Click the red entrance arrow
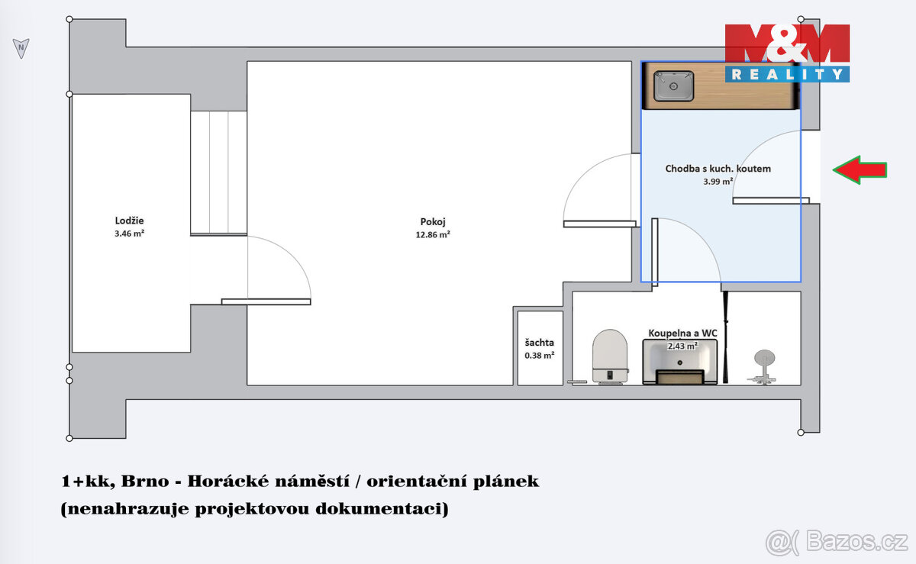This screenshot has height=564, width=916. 860,169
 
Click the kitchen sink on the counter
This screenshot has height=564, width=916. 673,86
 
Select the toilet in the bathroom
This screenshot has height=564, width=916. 610,356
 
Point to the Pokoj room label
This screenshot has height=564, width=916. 437,222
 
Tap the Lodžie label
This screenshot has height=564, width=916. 129,221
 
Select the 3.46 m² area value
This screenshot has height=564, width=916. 129,234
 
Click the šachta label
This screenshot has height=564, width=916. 539,343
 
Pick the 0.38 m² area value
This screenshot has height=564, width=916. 539,355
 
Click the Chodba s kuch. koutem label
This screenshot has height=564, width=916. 718,169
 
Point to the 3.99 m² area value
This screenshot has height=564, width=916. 718,182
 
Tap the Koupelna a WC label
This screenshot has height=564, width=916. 682,334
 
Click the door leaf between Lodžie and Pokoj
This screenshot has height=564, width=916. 266,301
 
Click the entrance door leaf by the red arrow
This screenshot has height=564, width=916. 771,201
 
